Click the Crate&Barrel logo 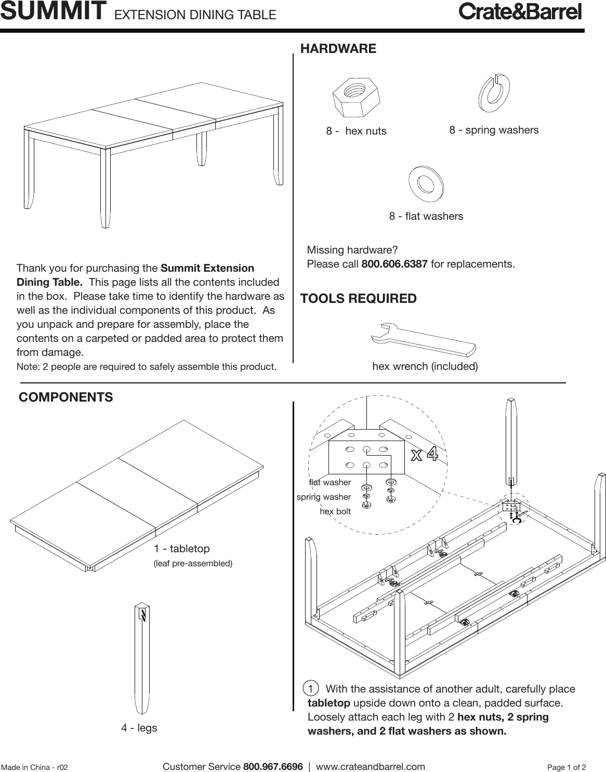[x=520, y=12]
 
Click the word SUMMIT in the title [x=54, y=12]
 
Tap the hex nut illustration [x=357, y=97]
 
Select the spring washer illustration [x=494, y=93]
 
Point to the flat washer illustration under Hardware [x=426, y=183]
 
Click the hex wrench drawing [x=423, y=341]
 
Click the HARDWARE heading [x=338, y=49]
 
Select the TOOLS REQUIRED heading [x=359, y=299]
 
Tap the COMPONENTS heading [x=65, y=397]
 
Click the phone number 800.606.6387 [x=394, y=264]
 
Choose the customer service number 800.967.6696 [x=273, y=767]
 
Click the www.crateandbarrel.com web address [x=370, y=767]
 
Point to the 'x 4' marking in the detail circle [x=425, y=455]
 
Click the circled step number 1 [x=310, y=689]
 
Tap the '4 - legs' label [x=139, y=728]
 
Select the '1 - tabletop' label [x=182, y=549]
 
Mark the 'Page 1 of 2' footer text [x=567, y=767]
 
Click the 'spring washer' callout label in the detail [x=323, y=497]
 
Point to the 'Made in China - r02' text [x=34, y=767]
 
